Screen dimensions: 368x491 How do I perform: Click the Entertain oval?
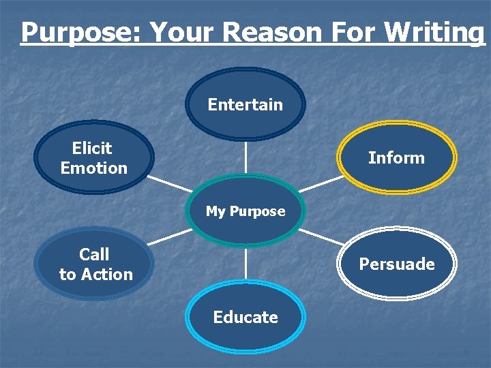point(245,104)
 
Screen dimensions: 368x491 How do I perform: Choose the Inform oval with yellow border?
point(397,157)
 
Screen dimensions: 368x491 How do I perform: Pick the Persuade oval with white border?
point(397,264)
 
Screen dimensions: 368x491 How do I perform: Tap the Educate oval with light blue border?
point(245,317)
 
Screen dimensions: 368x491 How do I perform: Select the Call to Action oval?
point(95,264)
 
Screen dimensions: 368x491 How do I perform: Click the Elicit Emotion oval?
point(94,157)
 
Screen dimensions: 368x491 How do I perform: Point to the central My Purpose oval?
point(245,211)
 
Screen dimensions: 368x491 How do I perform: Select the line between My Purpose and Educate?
point(245,264)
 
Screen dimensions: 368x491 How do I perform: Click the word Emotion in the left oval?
point(94,168)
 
